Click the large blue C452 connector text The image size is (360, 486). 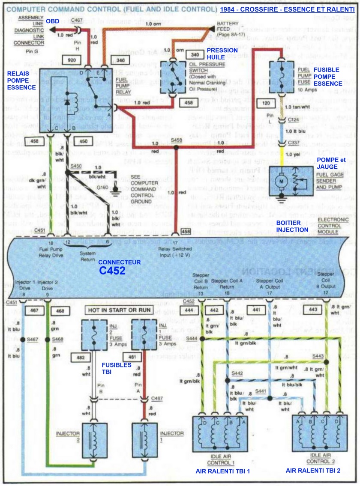pos(113,270)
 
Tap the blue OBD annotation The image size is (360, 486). pos(52,21)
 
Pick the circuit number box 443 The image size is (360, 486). pos(314,309)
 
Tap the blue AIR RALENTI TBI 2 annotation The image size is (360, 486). pos(313,470)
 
